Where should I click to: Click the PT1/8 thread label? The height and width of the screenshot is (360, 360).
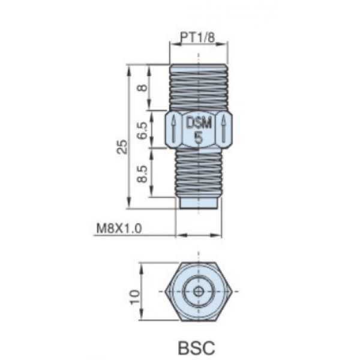(x=198, y=37)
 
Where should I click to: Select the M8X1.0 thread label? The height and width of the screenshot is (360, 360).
(x=119, y=229)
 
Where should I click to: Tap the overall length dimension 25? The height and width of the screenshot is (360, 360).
(x=122, y=147)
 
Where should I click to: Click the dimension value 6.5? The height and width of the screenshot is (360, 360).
(x=143, y=130)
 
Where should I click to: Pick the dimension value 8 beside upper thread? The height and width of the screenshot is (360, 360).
(x=143, y=88)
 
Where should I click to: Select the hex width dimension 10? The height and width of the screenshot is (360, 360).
(x=135, y=297)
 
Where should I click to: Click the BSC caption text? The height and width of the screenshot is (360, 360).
(x=197, y=347)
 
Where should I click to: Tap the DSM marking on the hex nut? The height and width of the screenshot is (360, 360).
(x=199, y=124)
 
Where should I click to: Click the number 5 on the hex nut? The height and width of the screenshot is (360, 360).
(x=199, y=138)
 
